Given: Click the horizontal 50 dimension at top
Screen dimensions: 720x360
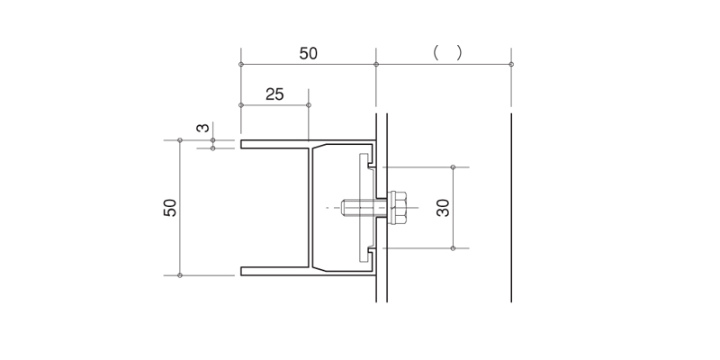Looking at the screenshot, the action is click(308, 54).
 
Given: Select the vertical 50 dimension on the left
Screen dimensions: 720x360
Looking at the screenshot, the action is click(170, 208).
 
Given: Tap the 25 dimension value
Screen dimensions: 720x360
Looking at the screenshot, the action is click(274, 94).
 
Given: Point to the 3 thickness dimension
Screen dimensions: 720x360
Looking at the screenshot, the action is click(203, 128).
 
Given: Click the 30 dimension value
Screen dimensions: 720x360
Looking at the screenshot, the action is click(443, 208).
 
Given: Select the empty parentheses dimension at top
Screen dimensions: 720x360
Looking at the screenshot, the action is click(447, 53).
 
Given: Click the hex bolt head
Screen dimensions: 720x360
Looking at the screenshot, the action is click(396, 208).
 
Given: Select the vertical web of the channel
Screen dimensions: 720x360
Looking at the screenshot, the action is click(310, 208).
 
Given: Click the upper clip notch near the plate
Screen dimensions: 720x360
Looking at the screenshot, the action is click(372, 163).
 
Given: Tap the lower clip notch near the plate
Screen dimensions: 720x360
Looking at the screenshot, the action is click(372, 253).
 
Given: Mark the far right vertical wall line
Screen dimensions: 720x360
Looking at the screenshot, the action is click(511, 208).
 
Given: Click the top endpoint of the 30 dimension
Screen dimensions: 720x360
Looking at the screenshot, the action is click(453, 167).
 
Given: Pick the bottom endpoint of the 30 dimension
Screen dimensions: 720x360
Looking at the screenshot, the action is click(453, 248).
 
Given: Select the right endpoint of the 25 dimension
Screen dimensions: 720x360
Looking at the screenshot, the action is click(309, 105).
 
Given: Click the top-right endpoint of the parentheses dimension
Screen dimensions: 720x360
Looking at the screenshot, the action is click(511, 64).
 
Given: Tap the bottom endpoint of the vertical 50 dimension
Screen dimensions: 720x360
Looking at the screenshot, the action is click(180, 275).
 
